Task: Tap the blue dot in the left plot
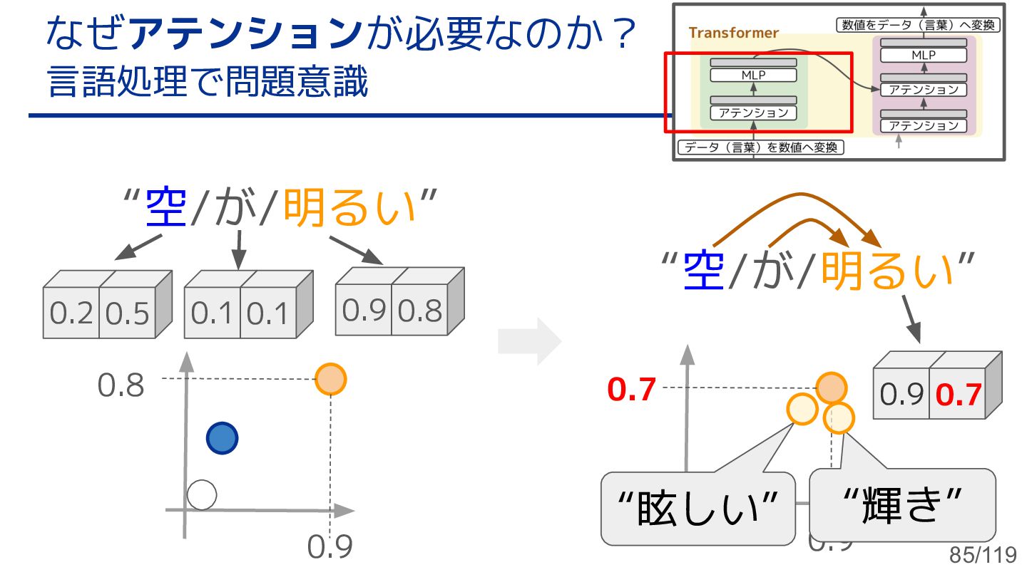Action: coord(222,438)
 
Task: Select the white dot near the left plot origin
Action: coord(201,494)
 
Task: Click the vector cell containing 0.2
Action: coord(71,314)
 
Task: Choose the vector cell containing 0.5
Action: coord(127,314)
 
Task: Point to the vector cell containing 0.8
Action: coord(420,311)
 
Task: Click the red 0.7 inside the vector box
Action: coord(958,395)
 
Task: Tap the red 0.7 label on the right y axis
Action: coord(631,390)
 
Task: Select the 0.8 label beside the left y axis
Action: coord(121,386)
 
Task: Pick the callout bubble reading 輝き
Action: coord(903,505)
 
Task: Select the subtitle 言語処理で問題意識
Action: coord(208,83)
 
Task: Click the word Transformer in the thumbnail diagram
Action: coord(734,33)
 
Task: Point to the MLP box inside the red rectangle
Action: coord(753,75)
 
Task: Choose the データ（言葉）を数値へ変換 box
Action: coord(760,148)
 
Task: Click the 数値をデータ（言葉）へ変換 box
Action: coord(919,25)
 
